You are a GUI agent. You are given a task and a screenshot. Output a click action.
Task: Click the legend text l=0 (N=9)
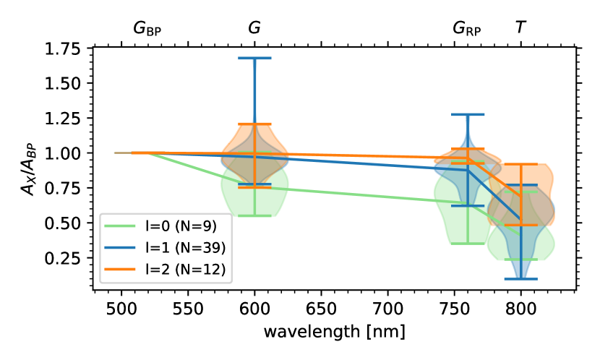pyautogui.click(x=181, y=226)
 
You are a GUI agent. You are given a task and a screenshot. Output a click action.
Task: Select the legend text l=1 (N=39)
pyautogui.click(x=185, y=248)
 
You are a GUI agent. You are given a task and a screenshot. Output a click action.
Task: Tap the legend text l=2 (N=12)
pyautogui.click(x=185, y=270)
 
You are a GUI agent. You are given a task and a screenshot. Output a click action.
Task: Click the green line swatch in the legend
pyautogui.click(x=120, y=226)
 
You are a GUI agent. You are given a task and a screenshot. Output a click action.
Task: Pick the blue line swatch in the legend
pyautogui.click(x=120, y=248)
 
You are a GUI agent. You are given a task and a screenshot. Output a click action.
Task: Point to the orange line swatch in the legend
pyautogui.click(x=120, y=270)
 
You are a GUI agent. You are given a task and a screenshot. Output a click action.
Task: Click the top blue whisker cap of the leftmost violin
pyautogui.click(x=254, y=59)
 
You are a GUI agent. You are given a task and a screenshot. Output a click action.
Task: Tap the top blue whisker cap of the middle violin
pyautogui.click(x=468, y=114)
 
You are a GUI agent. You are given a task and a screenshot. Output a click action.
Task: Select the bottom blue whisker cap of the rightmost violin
pyautogui.click(x=520, y=278)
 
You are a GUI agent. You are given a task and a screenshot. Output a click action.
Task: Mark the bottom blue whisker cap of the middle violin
pyautogui.click(x=468, y=206)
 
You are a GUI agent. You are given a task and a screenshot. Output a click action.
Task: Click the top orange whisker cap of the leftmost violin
pyautogui.click(x=254, y=124)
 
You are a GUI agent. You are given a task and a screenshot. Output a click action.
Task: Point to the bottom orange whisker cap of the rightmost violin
pyautogui.click(x=520, y=226)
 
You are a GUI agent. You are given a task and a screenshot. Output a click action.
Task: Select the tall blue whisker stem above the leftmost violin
pyautogui.click(x=254, y=90)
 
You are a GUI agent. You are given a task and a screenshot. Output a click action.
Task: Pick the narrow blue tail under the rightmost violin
pyautogui.click(x=520, y=269)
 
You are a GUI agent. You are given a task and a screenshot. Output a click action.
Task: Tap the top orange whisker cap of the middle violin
pyautogui.click(x=468, y=150)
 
